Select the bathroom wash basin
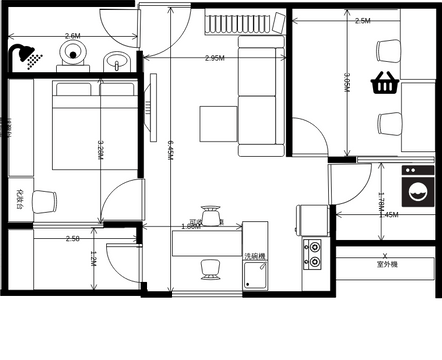coord(119,60)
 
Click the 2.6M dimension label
coord(72,36)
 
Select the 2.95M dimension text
coord(214,58)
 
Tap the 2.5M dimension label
coord(362,20)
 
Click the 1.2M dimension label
coord(92,259)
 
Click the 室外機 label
coord(388,265)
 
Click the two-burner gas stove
coord(314,254)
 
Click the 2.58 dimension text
coord(72,239)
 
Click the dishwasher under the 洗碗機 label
coord(256,275)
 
